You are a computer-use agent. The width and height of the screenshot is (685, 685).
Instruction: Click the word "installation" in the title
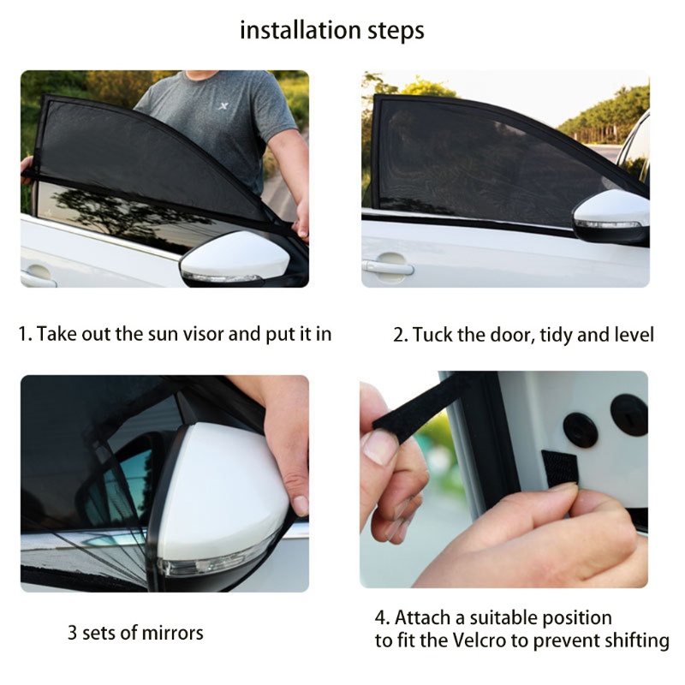(x=301, y=30)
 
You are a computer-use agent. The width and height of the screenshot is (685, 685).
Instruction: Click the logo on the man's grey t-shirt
(x=223, y=105)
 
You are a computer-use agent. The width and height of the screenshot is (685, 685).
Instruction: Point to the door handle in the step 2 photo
(x=388, y=266)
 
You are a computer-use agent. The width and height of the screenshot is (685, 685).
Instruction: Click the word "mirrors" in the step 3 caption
(x=173, y=633)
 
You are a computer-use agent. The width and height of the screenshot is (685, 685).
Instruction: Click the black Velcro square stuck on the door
(x=559, y=468)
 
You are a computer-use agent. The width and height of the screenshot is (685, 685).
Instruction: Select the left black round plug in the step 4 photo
(x=581, y=431)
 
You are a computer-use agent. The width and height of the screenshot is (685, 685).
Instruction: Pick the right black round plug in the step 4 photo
(x=629, y=415)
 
